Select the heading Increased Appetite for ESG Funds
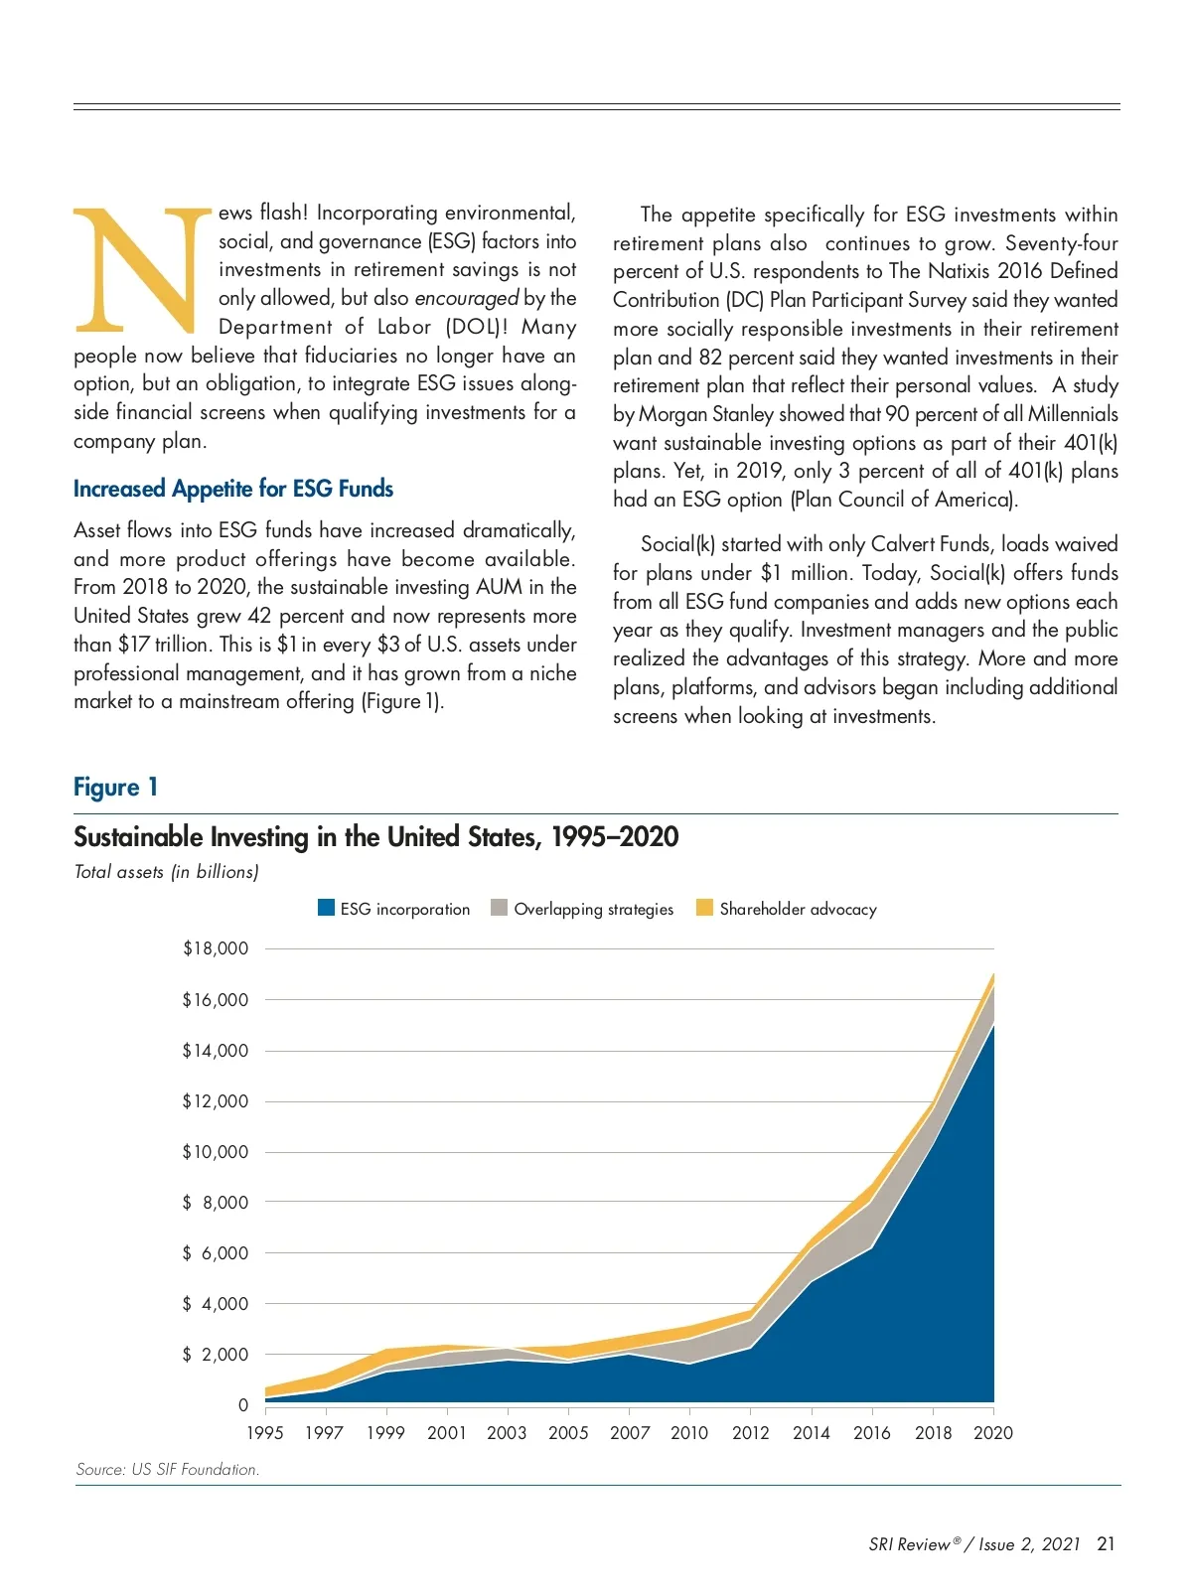[x=233, y=489]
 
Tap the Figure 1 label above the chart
[x=115, y=788]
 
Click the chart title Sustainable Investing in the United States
[x=375, y=837]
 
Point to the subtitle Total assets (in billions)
[x=166, y=872]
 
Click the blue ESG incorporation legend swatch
[x=326, y=908]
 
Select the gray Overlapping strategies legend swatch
[x=500, y=908]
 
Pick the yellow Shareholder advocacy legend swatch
[x=704, y=908]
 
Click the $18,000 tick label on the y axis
[x=216, y=948]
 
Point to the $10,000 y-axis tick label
[x=216, y=1152]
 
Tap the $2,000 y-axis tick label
[x=216, y=1355]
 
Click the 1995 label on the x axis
[x=264, y=1433]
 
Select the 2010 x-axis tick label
[x=689, y=1433]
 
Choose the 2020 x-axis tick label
[x=993, y=1433]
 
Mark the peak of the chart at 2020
[x=993, y=974]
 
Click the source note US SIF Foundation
[x=167, y=1470]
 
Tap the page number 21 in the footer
[x=1106, y=1544]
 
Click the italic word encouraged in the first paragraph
[x=467, y=298]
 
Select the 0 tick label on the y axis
[x=243, y=1405]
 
